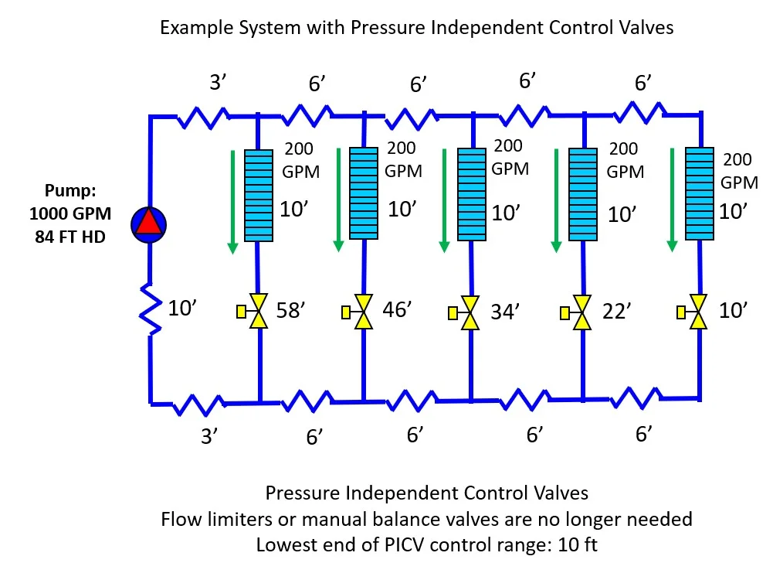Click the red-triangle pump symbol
pos(149,223)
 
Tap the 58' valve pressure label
pos(292,312)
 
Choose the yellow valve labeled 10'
pos(700,312)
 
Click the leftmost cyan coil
pos(258,195)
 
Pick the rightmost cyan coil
pos(701,193)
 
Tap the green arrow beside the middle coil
pos(444,200)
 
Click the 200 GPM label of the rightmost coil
pos(737,171)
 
